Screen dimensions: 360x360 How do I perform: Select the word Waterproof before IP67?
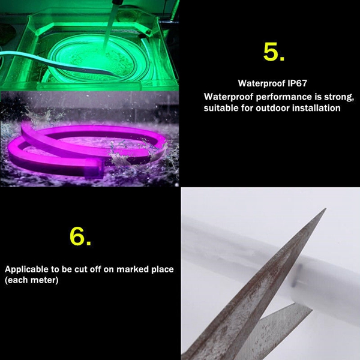(x=262, y=83)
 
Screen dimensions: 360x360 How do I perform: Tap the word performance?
(x=284, y=97)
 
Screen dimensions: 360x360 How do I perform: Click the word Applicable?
(x=26, y=269)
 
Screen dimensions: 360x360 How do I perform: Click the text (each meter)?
(x=31, y=280)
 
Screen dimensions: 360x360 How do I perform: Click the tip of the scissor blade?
(x=326, y=209)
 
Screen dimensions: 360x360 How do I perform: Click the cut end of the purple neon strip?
(x=95, y=168)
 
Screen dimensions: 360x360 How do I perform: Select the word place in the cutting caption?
(x=163, y=269)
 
